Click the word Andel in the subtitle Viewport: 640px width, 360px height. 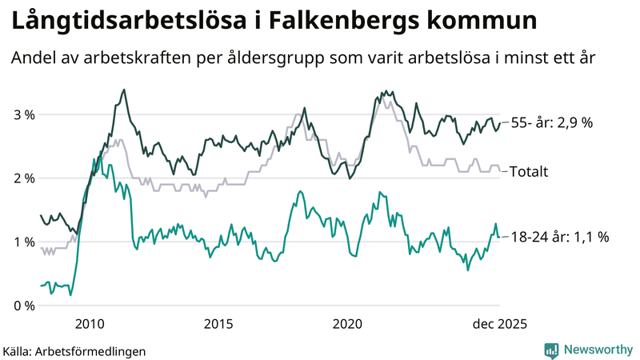[34, 59]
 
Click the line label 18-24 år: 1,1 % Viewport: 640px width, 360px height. [559, 237]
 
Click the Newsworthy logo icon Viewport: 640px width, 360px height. [551, 350]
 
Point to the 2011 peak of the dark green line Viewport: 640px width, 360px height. [123, 90]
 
